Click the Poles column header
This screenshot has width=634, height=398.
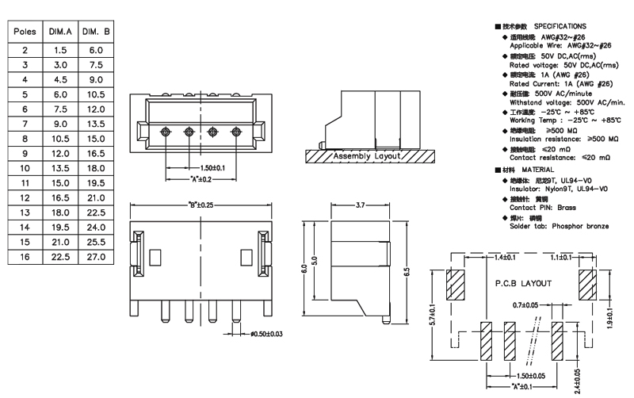coord(25,33)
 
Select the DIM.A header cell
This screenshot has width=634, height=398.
coord(60,33)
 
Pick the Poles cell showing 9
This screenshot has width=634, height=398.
coord(25,151)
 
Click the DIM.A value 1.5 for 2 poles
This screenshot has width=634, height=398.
coord(60,49)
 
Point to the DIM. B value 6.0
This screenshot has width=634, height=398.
coord(96,49)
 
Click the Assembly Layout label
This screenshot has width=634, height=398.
coord(367,157)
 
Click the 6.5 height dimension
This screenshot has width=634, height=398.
coord(407,270)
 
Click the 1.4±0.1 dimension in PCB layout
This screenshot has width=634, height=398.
coord(505,258)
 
